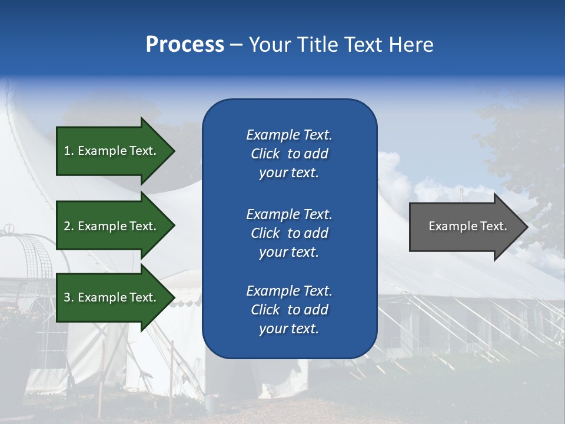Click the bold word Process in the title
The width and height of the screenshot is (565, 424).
click(x=185, y=45)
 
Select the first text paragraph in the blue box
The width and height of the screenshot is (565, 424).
click(x=289, y=154)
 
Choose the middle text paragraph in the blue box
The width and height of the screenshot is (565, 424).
click(x=289, y=233)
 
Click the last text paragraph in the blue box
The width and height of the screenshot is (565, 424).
click(x=289, y=310)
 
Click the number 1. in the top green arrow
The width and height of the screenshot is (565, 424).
click(x=69, y=151)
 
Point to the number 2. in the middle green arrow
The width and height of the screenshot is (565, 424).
click(x=69, y=226)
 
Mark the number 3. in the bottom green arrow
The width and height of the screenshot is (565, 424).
click(x=69, y=297)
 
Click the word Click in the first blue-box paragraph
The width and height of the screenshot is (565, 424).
click(x=265, y=154)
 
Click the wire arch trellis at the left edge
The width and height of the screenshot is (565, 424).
click(x=24, y=259)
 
